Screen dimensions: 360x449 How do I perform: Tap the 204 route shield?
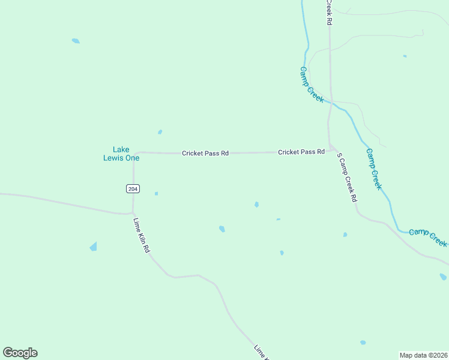133,189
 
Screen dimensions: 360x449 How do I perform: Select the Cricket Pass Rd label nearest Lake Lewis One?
205,154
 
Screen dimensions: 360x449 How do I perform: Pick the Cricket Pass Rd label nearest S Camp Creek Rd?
301,152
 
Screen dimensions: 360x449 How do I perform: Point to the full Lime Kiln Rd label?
141,235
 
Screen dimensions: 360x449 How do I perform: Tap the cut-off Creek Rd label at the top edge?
329,12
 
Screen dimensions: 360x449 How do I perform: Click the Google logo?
20,353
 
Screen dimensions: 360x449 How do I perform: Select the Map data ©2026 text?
423,355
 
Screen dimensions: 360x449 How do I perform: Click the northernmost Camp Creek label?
312,84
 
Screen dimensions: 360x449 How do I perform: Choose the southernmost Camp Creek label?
428,237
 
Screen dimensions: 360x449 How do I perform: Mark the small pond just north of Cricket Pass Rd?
160,132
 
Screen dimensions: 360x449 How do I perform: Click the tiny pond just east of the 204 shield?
156,193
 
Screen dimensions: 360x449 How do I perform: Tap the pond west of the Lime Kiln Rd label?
93,247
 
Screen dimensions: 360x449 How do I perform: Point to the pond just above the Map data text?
363,343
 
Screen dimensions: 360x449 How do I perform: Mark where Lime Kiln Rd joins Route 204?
133,213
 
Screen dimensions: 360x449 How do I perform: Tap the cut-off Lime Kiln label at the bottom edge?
262,353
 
